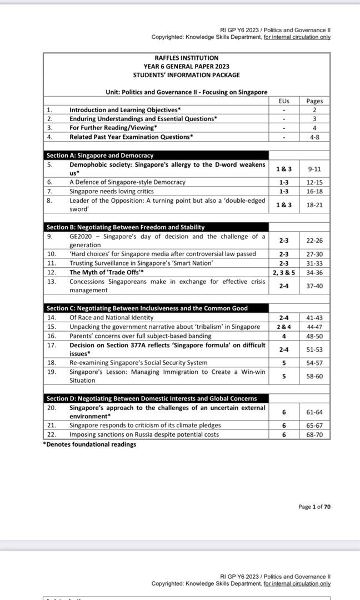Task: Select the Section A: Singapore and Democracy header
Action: coord(100,156)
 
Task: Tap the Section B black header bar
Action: coord(125,227)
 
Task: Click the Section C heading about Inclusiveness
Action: coord(147,308)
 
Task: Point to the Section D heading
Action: coord(151,398)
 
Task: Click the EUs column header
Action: coord(283,101)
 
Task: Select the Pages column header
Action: coord(314,101)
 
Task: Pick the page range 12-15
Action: coord(314,182)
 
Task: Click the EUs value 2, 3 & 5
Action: coord(283,272)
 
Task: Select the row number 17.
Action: coord(50,345)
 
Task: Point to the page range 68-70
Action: coord(314,434)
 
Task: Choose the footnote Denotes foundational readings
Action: coord(90,444)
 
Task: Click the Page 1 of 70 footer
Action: coord(314,507)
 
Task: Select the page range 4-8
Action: coord(314,136)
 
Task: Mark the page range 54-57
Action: coord(314,363)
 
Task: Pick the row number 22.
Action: coord(50,434)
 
